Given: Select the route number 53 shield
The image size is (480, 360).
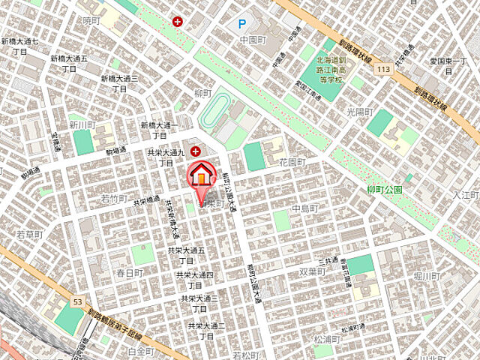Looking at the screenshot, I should coord(77,301).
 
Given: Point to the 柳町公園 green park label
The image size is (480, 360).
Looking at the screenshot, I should coord(385,189).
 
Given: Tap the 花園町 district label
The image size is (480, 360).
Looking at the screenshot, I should coord(292,162).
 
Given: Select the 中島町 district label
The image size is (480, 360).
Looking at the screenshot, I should coord(306,208).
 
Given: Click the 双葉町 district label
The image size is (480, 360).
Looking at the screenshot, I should coord(312,271).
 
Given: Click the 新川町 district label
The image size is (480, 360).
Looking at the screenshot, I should coord(82,124).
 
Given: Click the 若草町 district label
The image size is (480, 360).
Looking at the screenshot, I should coord(30,235).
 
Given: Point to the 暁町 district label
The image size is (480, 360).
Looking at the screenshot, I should coord(91,21).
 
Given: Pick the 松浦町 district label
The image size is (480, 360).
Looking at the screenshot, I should coord(327,338).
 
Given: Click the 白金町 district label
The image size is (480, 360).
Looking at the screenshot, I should coord(140,351).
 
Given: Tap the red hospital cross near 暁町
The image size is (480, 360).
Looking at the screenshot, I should coord(177,22).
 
